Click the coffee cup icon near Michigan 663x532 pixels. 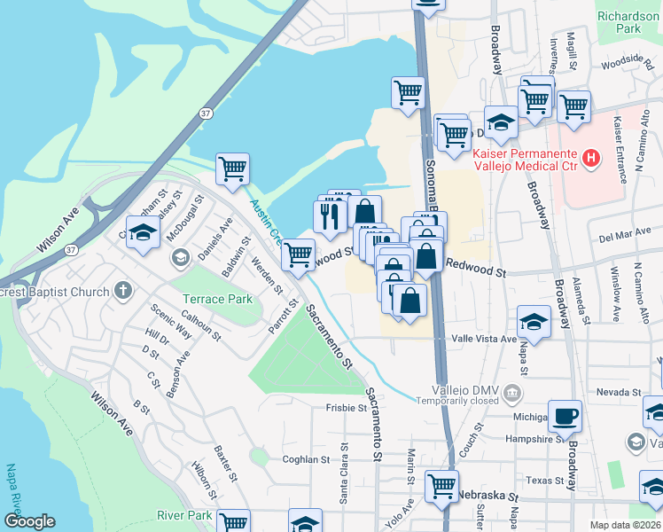click(565, 415)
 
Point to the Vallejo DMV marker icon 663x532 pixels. click(512, 392)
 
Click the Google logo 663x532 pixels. click(28, 521)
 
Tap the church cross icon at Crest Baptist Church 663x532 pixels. click(123, 291)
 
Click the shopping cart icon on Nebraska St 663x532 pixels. click(441, 485)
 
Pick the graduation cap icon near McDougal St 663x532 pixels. click(141, 233)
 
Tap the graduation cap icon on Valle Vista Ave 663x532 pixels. click(534, 320)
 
